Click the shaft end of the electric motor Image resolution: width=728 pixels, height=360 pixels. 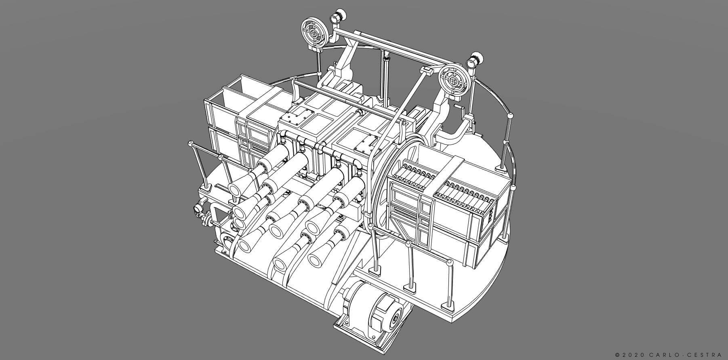click(x=393, y=321)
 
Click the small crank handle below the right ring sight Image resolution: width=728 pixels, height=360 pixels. click(x=458, y=107)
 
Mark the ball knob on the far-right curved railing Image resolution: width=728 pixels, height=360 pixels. click(x=510, y=116)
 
